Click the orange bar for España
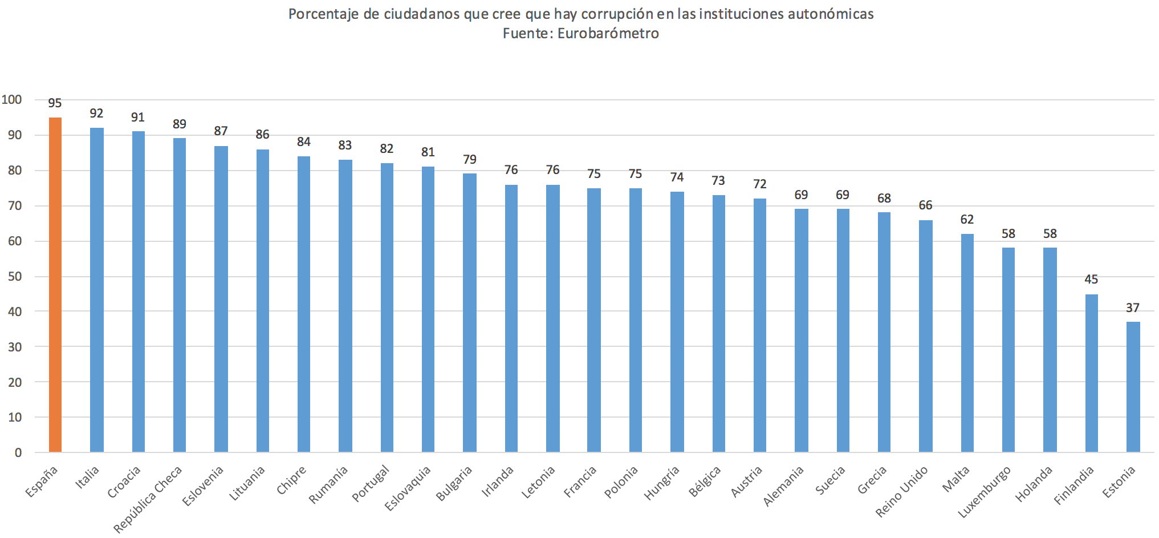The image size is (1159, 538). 55,285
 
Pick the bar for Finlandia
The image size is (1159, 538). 1091,373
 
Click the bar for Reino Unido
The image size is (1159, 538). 925,336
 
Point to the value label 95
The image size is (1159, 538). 55,103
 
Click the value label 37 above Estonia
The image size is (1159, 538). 1133,308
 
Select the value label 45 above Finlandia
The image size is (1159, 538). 1091,280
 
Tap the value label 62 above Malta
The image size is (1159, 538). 967,220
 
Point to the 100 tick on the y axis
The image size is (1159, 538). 12,100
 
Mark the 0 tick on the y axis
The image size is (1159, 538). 18,453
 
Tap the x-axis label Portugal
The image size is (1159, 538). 371,483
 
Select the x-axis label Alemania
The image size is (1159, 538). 784,486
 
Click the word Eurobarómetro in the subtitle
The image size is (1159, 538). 608,34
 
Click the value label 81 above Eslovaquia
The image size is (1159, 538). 428,152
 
